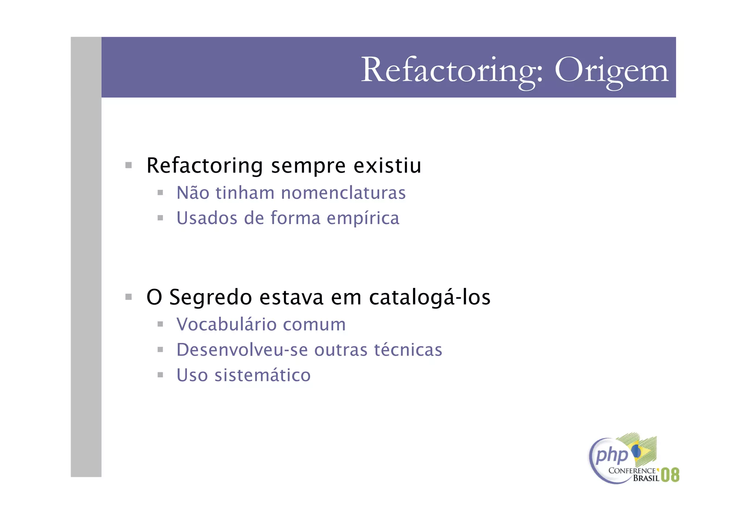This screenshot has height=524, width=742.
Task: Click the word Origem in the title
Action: (611, 71)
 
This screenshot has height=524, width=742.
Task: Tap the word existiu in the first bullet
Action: (387, 166)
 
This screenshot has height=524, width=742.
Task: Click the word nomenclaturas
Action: (343, 193)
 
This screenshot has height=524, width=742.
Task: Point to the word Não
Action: (192, 192)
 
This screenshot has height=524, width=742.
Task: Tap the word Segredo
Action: (210, 298)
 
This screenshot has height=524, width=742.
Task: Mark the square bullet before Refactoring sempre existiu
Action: (128, 165)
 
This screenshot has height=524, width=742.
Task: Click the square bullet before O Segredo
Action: (128, 297)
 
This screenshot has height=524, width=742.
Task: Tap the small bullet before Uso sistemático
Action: (160, 375)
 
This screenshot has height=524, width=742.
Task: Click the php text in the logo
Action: (612, 455)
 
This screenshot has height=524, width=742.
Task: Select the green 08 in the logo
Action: (670, 475)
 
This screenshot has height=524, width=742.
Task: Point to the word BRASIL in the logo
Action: (646, 478)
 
